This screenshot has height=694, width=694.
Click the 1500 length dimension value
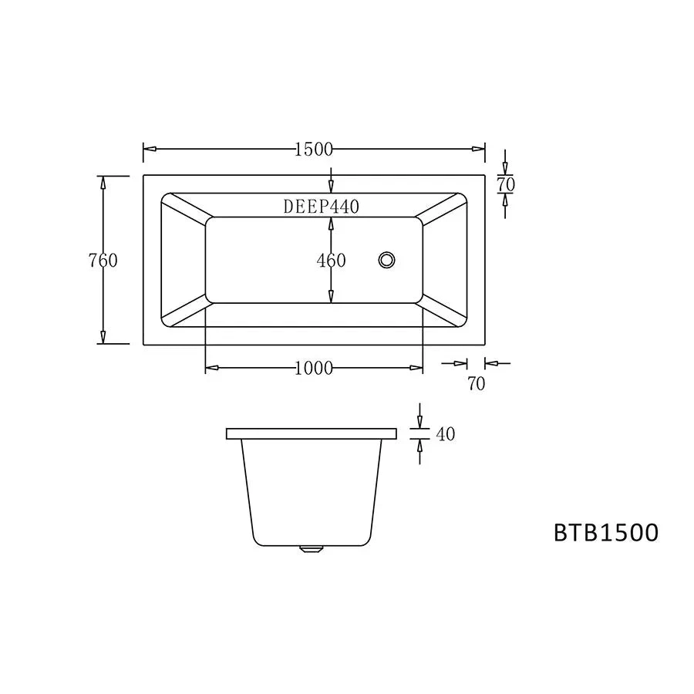(313, 150)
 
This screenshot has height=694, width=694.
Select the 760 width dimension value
(103, 261)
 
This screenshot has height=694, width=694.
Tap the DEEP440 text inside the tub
(321, 206)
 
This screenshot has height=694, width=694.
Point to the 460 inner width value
(331, 261)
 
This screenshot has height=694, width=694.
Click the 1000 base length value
(313, 369)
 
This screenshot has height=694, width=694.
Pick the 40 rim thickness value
(446, 434)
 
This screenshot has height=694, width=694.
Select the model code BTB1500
(606, 533)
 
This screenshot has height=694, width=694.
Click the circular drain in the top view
(386, 260)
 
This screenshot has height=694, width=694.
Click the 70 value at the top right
(506, 184)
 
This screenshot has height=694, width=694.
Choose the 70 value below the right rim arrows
(477, 383)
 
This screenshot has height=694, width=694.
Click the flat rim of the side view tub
(312, 433)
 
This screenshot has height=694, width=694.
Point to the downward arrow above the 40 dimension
(419, 420)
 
